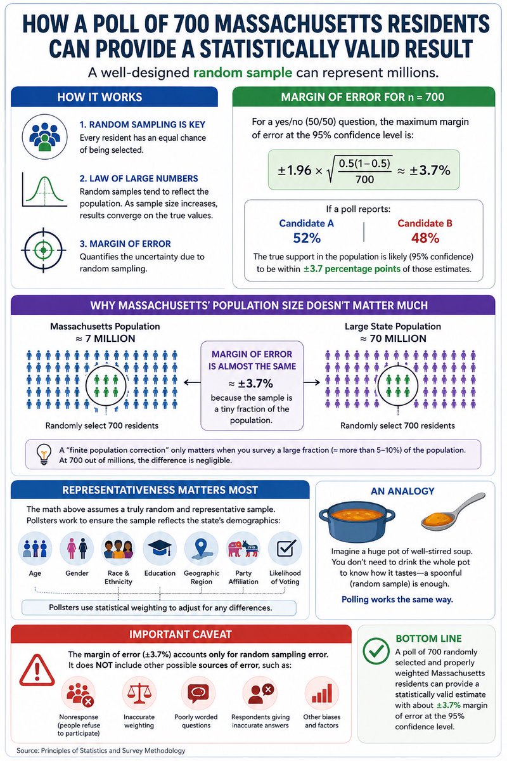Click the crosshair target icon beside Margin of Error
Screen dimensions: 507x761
click(43, 250)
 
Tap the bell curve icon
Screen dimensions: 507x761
click(44, 190)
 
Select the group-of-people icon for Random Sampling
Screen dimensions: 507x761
click(44, 136)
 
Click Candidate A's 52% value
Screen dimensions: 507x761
click(307, 238)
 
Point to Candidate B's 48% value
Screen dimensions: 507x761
click(425, 238)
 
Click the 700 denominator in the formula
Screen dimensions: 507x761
click(364, 179)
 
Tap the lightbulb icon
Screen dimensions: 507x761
click(44, 455)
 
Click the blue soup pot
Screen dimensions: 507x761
click(357, 523)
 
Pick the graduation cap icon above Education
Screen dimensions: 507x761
click(160, 549)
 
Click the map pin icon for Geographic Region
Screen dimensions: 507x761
click(201, 549)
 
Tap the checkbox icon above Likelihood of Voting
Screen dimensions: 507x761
click(285, 549)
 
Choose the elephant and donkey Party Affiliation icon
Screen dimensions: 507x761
click(243, 549)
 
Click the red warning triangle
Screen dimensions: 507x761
click(37, 670)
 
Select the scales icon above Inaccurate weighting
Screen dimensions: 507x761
click(139, 693)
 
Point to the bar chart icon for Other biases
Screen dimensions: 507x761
click(321, 693)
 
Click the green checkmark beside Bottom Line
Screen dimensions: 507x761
click(376, 650)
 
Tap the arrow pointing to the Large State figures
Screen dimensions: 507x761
click(312, 382)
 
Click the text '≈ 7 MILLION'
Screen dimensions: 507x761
click(105, 339)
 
